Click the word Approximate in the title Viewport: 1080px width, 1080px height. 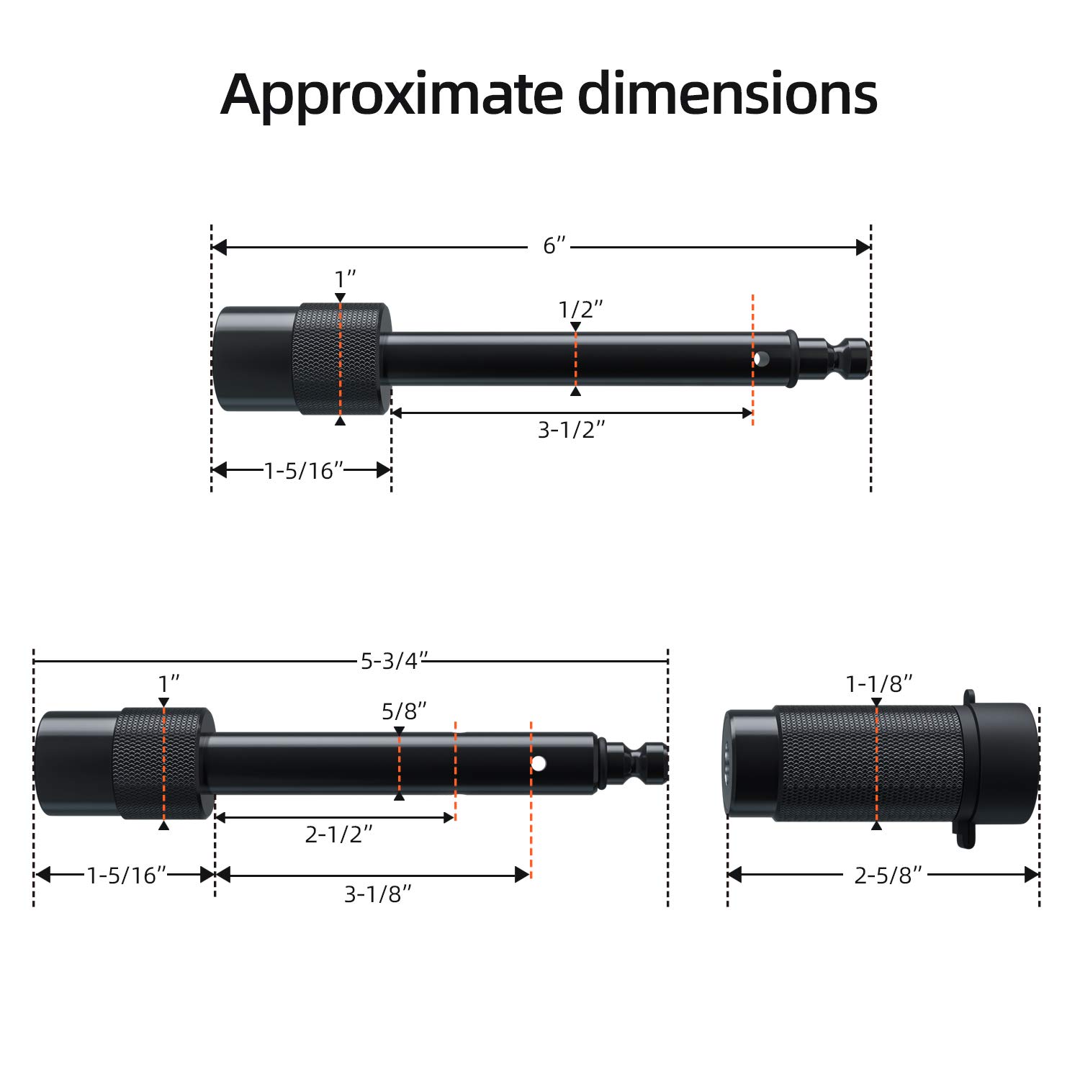(x=392, y=95)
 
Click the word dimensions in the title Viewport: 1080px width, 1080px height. (x=728, y=94)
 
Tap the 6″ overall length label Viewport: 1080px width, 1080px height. (x=555, y=246)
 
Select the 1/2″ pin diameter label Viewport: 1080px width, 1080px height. (x=580, y=310)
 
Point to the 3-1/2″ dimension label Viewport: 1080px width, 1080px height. (x=572, y=430)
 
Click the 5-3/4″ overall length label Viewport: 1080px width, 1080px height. (x=395, y=660)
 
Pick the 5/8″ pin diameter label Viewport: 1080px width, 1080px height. (x=404, y=711)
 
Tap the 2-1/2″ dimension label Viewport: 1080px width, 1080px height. (x=339, y=834)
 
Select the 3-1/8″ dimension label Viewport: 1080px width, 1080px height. (x=378, y=894)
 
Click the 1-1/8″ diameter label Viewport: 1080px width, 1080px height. (x=879, y=684)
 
